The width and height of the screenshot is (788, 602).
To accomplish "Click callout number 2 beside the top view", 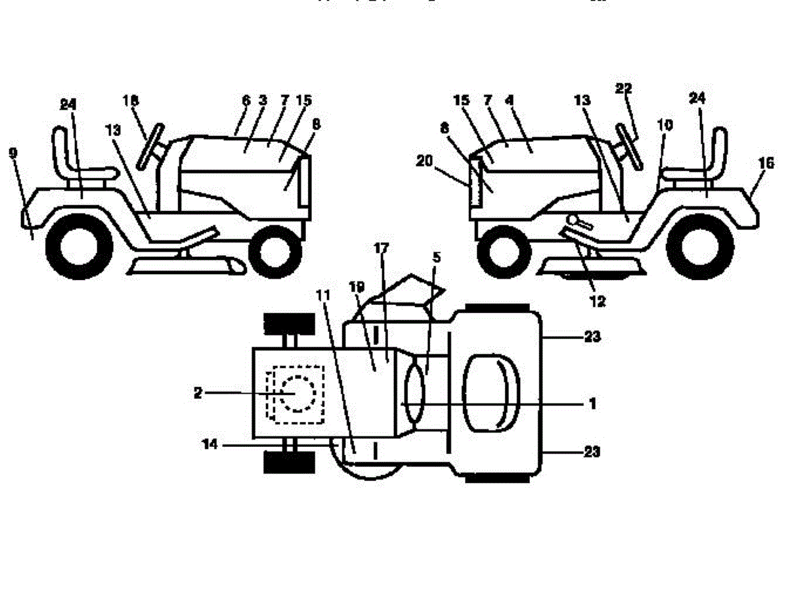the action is [198, 393].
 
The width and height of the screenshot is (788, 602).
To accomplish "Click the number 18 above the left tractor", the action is [131, 100].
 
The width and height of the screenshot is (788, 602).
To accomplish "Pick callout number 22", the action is [623, 89].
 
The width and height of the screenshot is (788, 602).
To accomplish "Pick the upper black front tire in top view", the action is [286, 324].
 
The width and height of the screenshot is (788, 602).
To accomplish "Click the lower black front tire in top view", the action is [286, 462].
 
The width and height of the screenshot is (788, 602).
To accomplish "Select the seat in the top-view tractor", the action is [491, 393].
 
